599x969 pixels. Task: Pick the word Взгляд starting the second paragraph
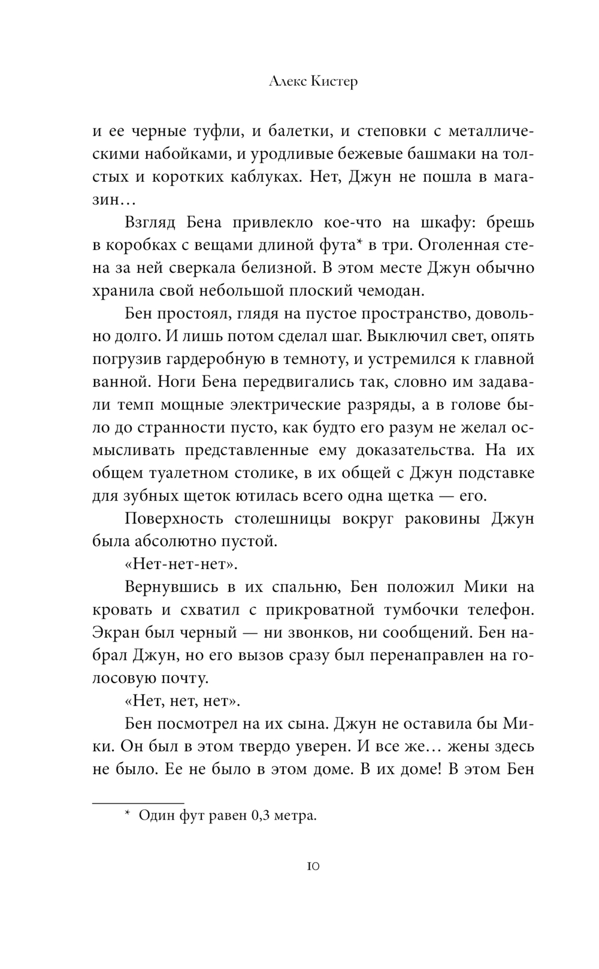[150, 222]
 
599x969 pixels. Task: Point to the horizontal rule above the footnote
[138, 802]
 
